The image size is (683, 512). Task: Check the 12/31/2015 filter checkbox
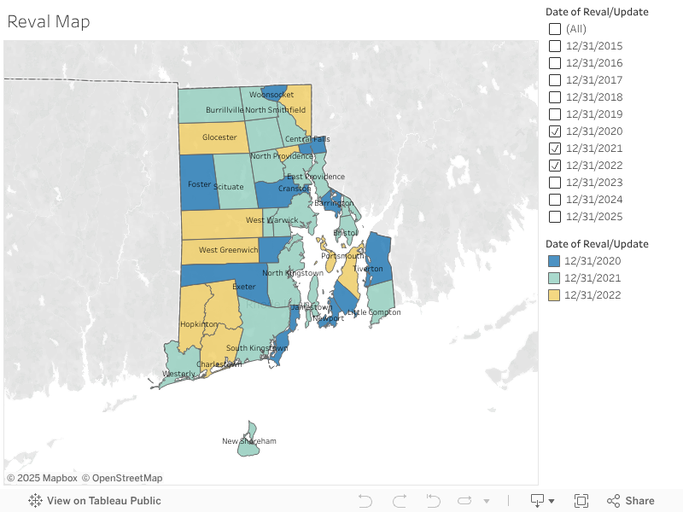click(x=555, y=46)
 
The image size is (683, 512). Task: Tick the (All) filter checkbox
click(x=555, y=29)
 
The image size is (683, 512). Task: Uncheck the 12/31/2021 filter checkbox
click(x=555, y=148)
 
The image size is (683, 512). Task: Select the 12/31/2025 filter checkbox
click(x=555, y=217)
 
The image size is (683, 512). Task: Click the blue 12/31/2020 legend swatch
click(x=553, y=261)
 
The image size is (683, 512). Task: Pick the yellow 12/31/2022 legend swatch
click(x=553, y=295)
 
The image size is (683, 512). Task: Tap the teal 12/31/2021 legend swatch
click(x=553, y=278)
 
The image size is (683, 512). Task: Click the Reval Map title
click(x=49, y=21)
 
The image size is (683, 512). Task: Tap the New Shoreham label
click(x=248, y=441)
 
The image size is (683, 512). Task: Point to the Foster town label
click(x=198, y=183)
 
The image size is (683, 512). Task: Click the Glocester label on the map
click(x=219, y=137)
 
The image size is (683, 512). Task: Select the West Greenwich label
click(x=228, y=250)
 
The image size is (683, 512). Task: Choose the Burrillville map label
click(x=225, y=110)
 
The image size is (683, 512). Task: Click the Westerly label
click(x=178, y=374)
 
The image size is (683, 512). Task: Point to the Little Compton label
click(x=373, y=312)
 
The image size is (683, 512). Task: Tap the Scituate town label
click(x=228, y=186)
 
